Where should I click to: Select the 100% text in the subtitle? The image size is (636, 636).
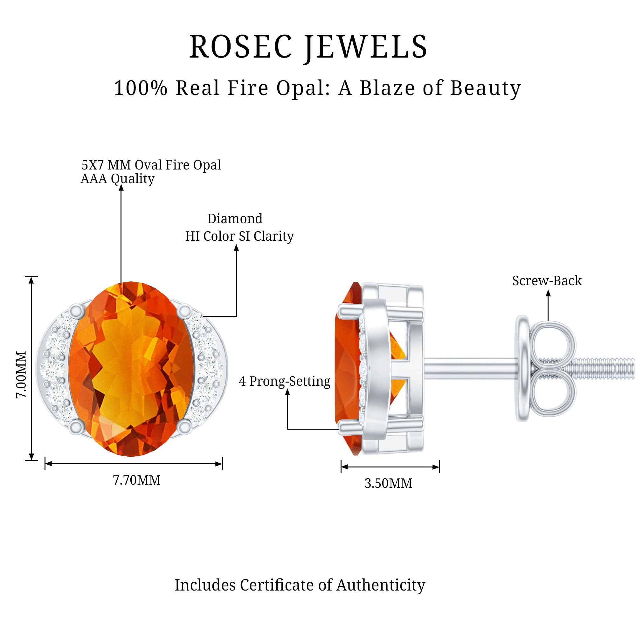coord(141,88)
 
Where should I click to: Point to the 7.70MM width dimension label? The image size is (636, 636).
coord(137,480)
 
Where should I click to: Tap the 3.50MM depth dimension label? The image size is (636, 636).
coord(389,483)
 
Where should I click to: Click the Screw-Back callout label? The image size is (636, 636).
coord(547,281)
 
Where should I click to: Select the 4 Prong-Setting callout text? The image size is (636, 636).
coord(284,381)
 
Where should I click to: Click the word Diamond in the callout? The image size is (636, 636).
coord(235,218)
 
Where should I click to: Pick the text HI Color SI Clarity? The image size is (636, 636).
coord(239,236)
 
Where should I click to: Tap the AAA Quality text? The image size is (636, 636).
coord(118,179)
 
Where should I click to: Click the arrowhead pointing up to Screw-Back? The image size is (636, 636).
coord(548,293)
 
